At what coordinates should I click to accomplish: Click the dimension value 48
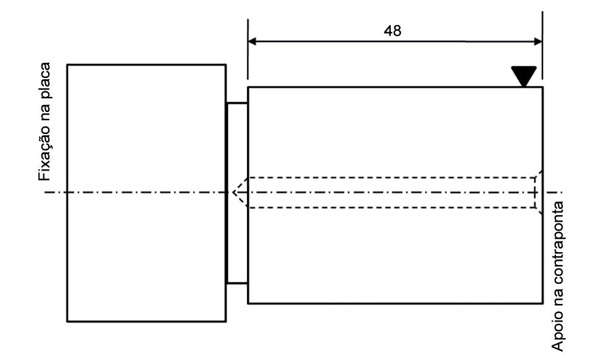coord(393,31)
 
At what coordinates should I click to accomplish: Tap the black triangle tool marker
coord(524,76)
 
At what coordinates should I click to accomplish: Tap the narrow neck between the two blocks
coord(237,192)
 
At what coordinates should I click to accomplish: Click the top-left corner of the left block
coord(67,64)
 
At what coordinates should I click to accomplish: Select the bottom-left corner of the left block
coord(67,321)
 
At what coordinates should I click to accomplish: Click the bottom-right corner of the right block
coord(543,303)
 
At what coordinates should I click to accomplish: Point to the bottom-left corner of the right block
coord(247,303)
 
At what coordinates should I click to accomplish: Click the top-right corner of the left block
coord(226,64)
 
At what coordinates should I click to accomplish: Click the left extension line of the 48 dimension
coord(247,55)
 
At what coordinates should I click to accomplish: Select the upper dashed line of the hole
coord(390,177)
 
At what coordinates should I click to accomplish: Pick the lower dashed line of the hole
coord(390,208)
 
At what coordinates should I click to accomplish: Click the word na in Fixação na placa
coord(44,111)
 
